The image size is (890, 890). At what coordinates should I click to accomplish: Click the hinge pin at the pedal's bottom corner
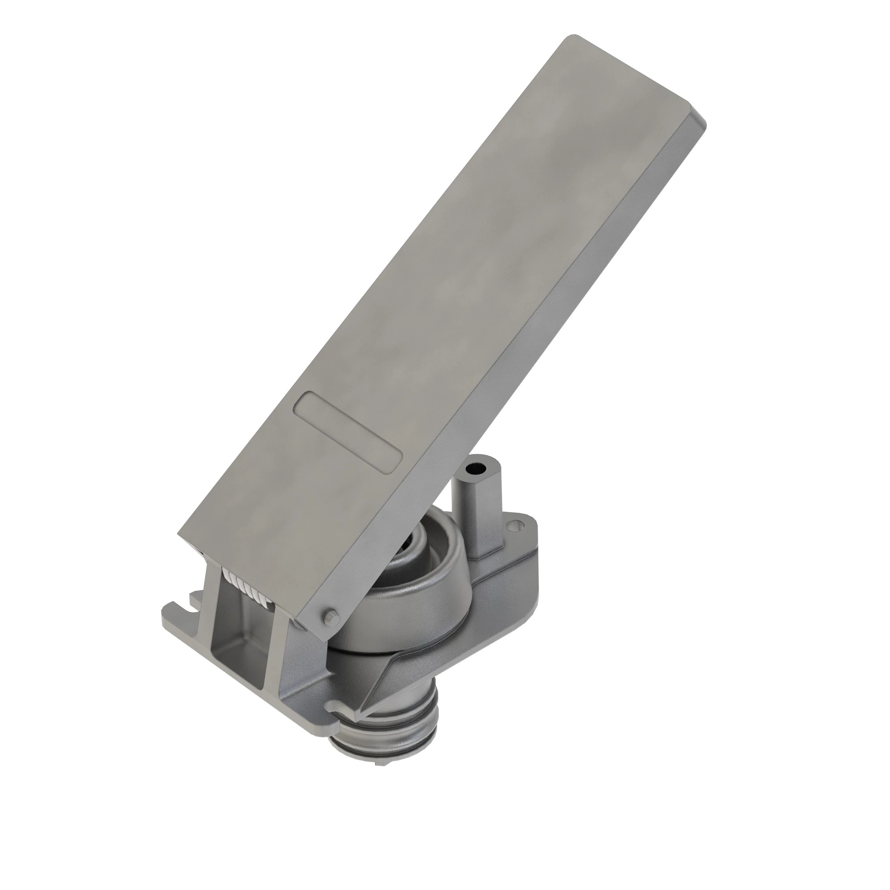330,615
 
